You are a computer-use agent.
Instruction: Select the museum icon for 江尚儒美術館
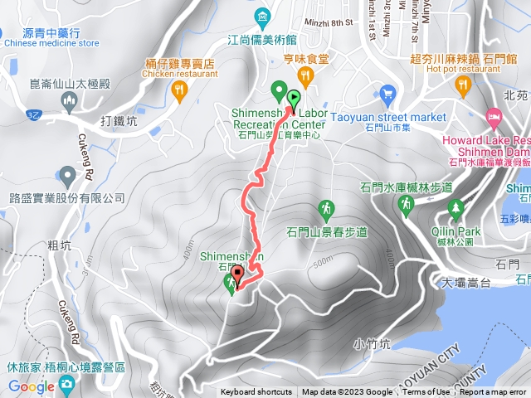tap(262, 16)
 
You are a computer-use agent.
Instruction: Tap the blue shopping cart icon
tap(386, 93)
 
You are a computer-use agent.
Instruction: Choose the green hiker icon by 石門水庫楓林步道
tap(407, 205)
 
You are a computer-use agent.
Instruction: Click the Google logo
tap(31, 386)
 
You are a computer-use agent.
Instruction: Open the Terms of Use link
tap(426, 392)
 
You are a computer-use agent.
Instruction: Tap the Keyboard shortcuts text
tap(256, 392)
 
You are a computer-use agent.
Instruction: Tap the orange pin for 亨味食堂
tap(306, 77)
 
